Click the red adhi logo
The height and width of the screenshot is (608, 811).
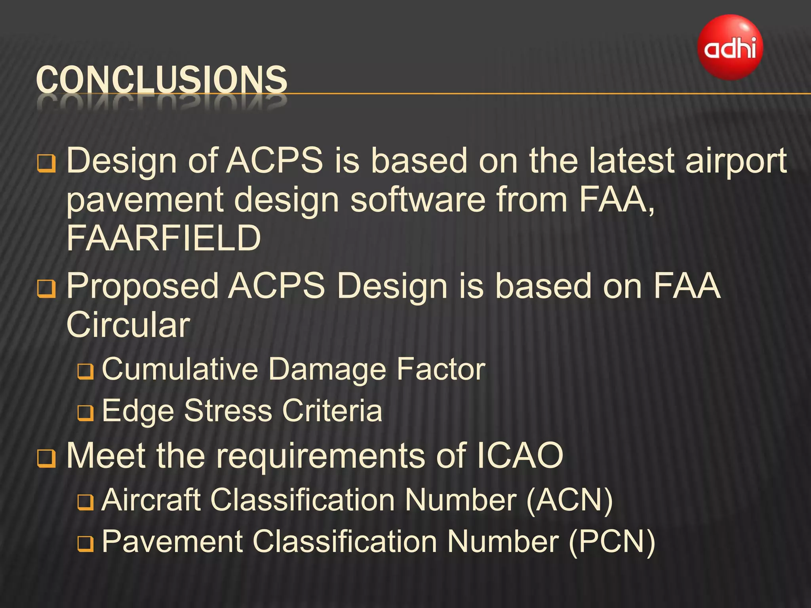[x=730, y=47]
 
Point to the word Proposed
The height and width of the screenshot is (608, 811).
[x=143, y=286]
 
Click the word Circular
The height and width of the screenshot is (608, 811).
[x=128, y=325]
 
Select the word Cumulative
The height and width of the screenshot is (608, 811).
[x=180, y=369]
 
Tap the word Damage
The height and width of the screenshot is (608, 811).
[x=327, y=369]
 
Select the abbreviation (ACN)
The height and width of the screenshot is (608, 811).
[x=569, y=500]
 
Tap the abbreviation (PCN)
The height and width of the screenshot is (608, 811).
[x=612, y=541]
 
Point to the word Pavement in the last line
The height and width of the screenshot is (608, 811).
[x=172, y=541]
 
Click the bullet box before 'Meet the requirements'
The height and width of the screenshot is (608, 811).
[x=46, y=459]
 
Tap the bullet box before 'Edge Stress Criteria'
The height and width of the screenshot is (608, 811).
[x=86, y=413]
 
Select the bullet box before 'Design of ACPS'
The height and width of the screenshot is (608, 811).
[x=46, y=163]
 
